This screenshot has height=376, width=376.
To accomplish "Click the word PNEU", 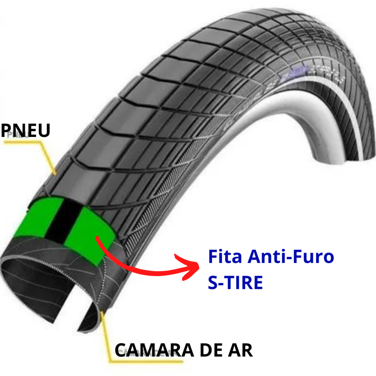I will pos(25,130).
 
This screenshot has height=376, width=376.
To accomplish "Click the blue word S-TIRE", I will pos(235,283).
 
